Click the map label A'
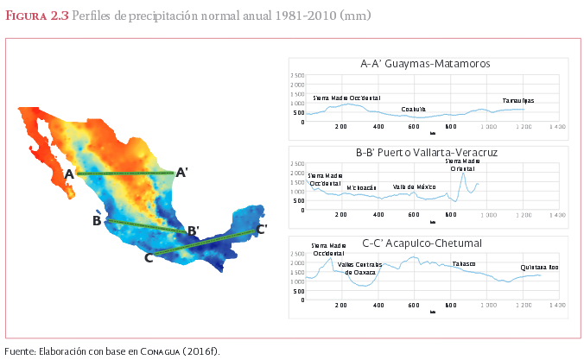[182, 173]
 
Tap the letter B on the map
[97, 221]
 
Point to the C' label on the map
[261, 230]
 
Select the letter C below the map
[149, 256]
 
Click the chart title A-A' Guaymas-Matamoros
[426, 64]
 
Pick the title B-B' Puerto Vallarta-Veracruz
[426, 153]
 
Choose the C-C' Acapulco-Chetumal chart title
[426, 243]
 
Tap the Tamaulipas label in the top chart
[518, 101]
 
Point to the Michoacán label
[362, 187]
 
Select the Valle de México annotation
[414, 187]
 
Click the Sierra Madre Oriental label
[463, 165]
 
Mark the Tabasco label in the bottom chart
[464, 263]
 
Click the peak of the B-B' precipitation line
[463, 175]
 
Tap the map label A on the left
[69, 174]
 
